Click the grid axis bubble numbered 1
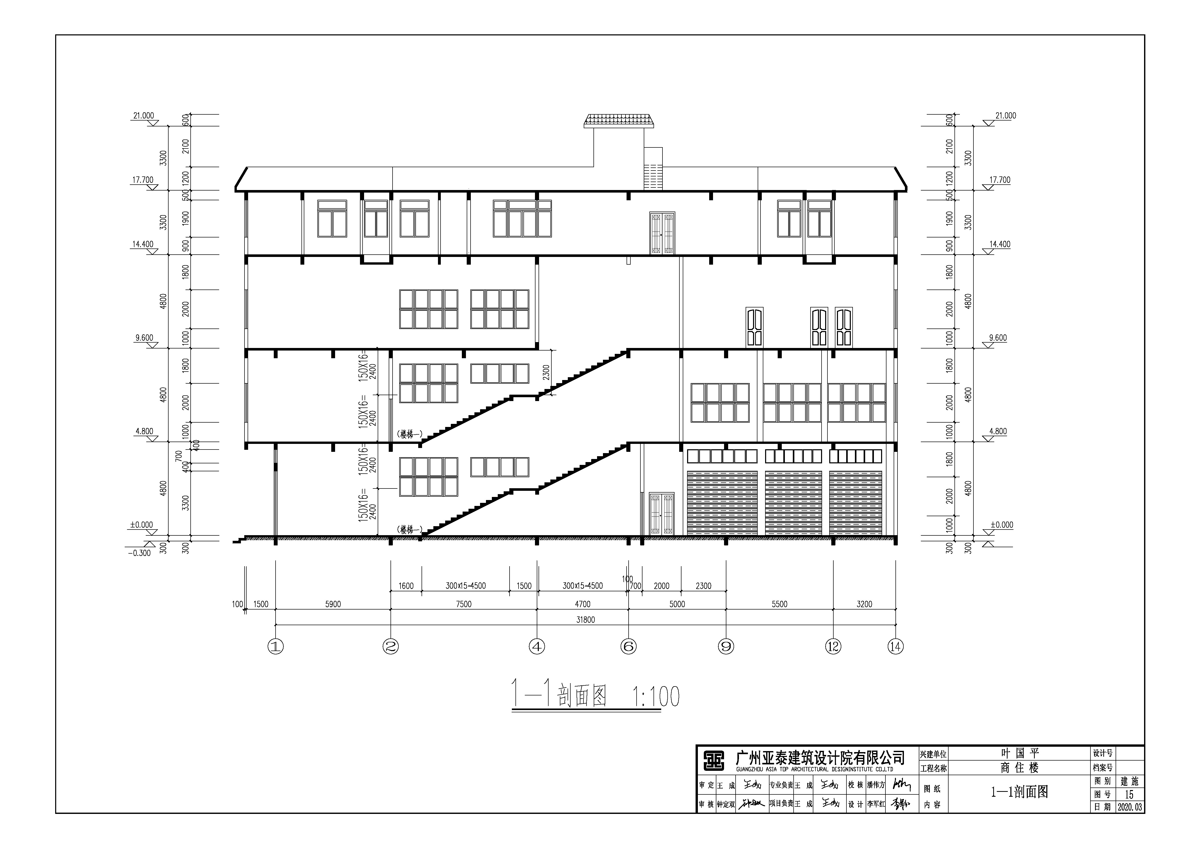pos(276,647)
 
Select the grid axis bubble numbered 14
pos(895,647)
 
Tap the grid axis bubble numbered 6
pos(628,647)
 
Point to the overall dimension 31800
pos(585,620)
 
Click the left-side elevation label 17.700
pos(143,180)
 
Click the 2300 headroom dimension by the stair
pos(546,372)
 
